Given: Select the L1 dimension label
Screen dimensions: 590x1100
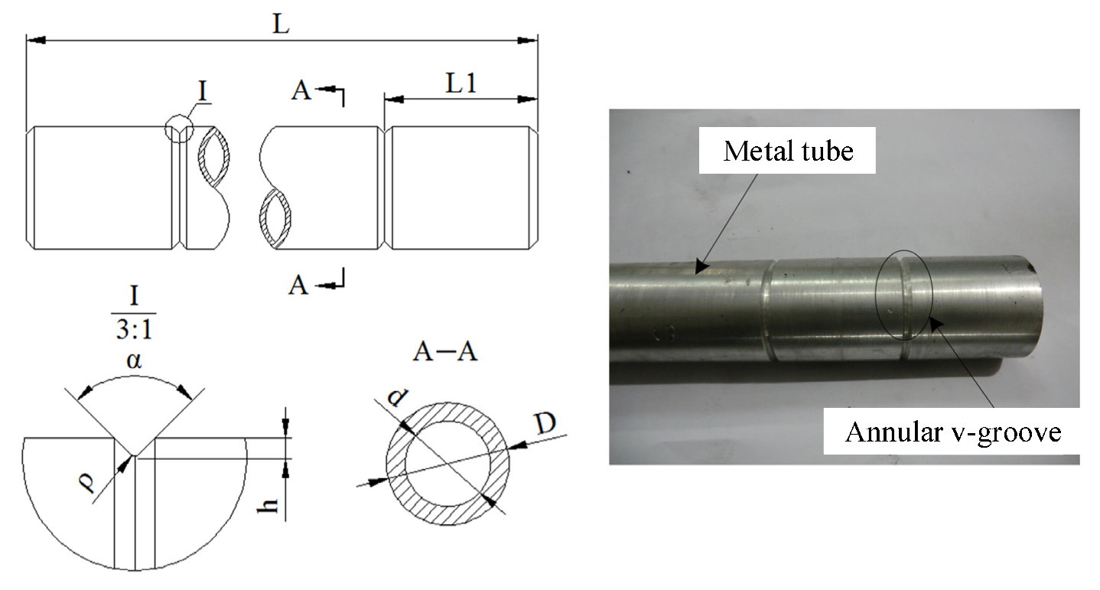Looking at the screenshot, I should (462, 83).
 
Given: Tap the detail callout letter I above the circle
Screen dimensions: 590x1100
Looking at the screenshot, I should (203, 90).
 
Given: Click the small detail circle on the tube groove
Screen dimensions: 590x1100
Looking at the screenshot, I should (180, 129).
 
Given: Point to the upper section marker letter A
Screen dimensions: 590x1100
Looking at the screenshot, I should (301, 91).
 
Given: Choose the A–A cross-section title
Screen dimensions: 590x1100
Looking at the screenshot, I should (446, 351).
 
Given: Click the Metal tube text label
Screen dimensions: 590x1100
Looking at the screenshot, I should (788, 151).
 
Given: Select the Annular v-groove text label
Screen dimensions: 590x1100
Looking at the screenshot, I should (953, 432).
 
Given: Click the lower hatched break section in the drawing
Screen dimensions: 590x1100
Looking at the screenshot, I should (276, 217).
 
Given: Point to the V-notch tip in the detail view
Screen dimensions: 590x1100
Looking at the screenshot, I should (135, 456).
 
